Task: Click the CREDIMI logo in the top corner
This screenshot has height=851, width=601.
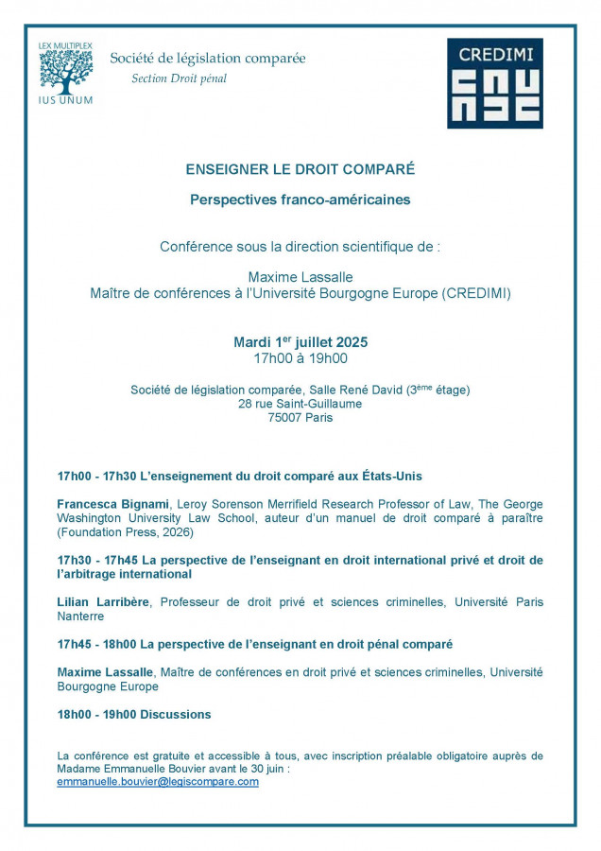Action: [494, 83]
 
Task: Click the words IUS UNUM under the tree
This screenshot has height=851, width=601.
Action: [66, 99]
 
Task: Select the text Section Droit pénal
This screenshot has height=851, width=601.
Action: [179, 78]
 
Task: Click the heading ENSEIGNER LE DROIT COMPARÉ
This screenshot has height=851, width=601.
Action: [300, 169]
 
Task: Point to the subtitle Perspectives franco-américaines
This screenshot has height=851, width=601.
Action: [300, 200]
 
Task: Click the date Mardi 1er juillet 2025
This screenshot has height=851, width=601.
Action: [300, 341]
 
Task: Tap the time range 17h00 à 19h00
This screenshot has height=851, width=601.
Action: [300, 358]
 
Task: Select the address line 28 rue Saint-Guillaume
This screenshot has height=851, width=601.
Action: [300, 404]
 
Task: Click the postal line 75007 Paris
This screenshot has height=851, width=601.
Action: [300, 418]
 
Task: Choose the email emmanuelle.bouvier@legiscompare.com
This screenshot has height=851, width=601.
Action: [158, 782]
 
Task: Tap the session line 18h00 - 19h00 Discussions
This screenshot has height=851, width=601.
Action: [134, 714]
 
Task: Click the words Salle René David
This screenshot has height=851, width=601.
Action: [337, 390]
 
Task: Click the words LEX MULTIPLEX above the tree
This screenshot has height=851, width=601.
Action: [66, 44]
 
